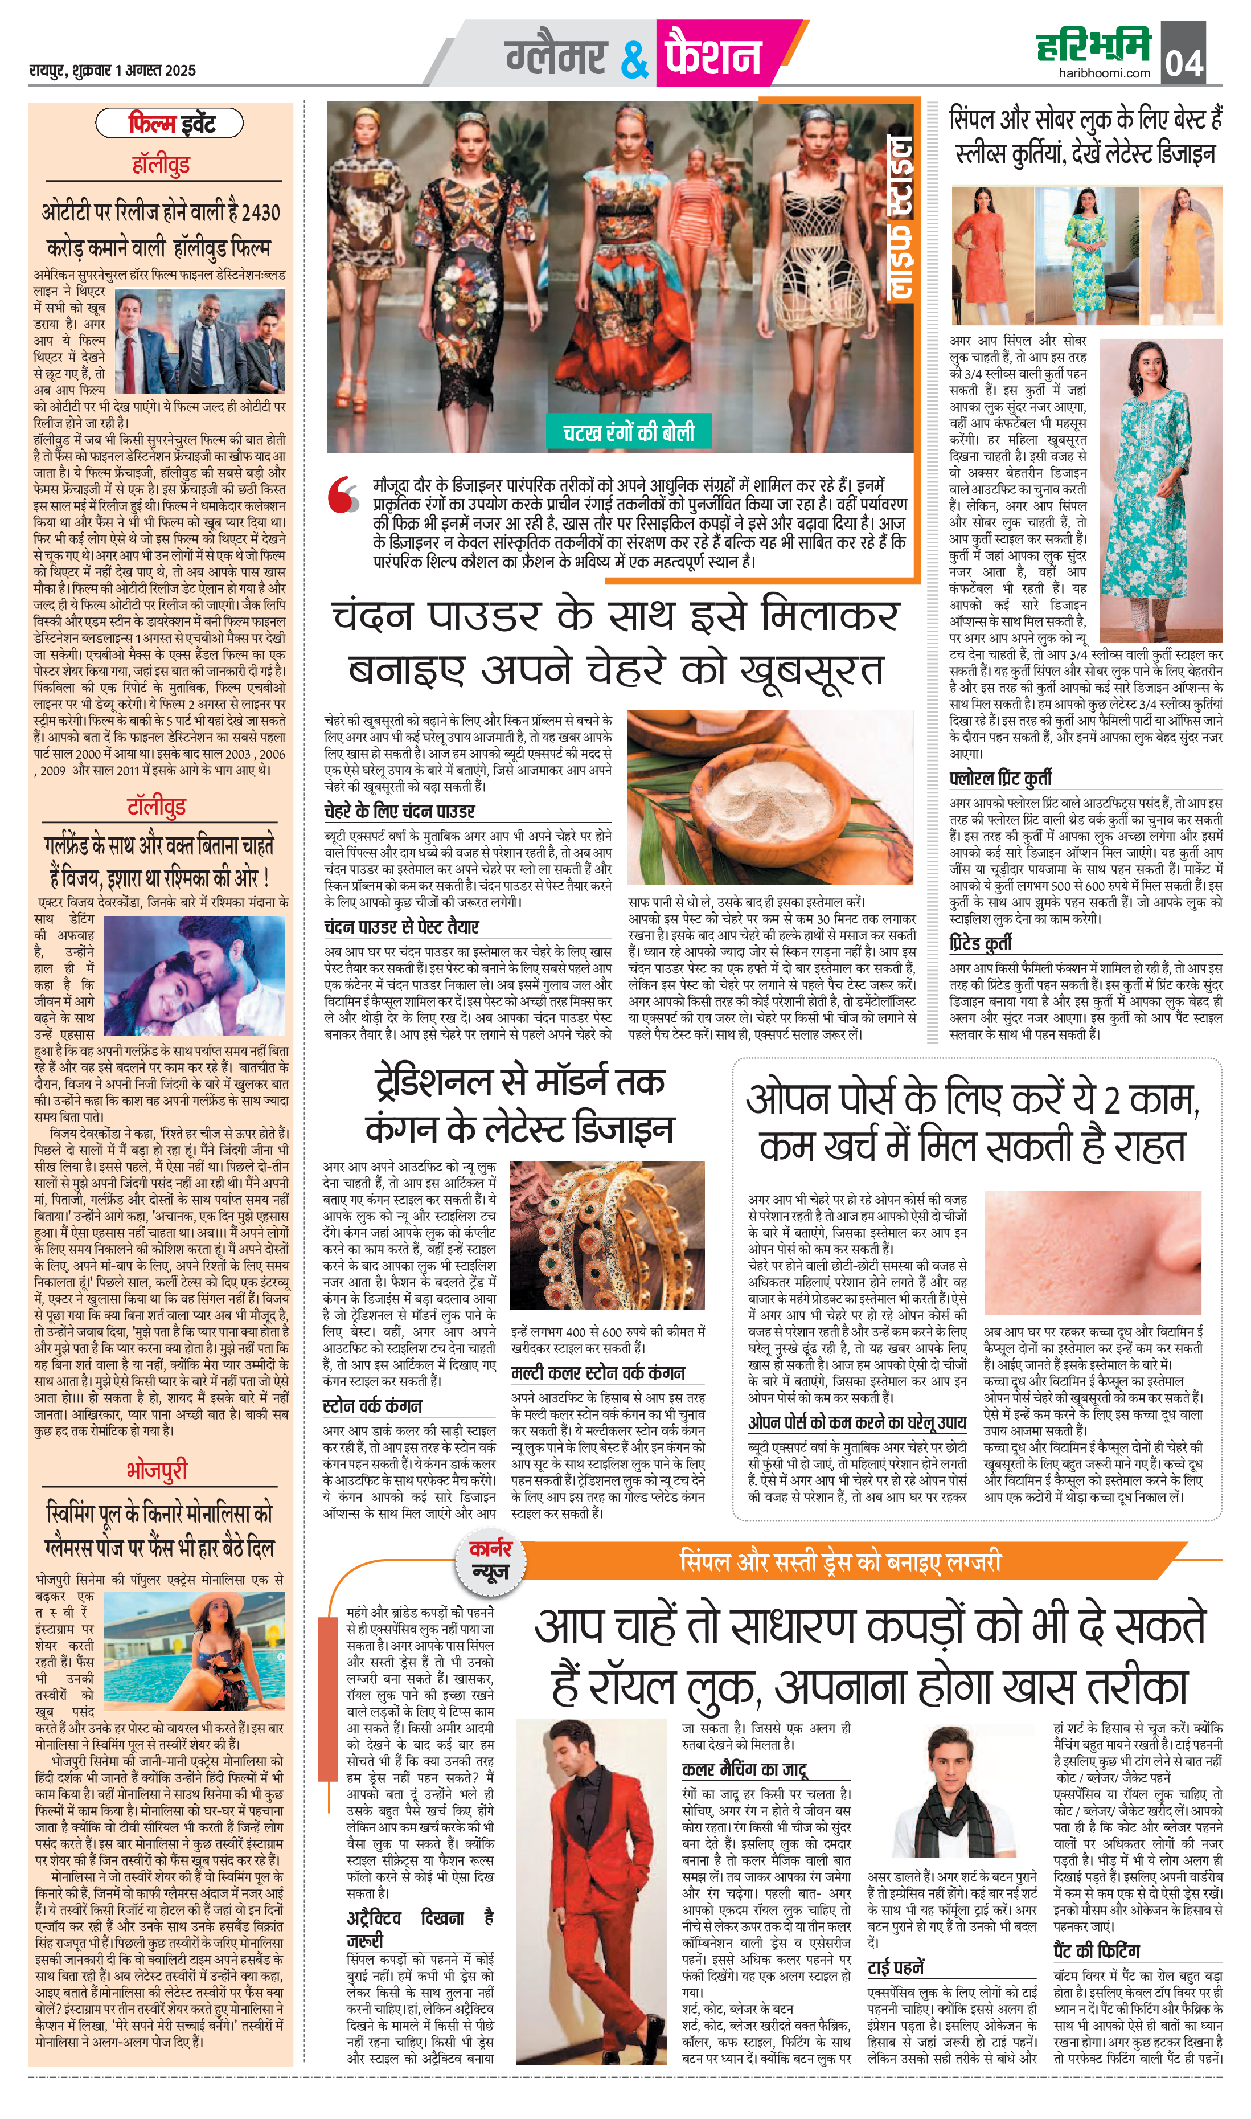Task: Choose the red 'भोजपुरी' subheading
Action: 157,1470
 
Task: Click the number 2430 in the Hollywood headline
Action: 258,212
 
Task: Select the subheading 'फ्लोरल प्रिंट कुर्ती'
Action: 1000,778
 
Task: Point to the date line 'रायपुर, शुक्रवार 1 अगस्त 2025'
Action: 112,71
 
